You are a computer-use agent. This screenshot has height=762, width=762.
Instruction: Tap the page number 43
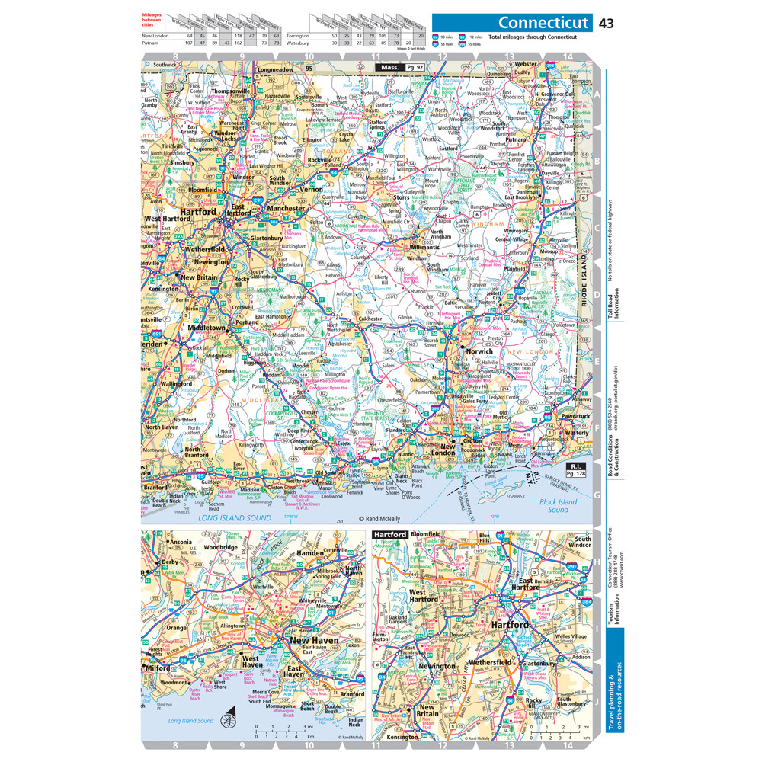(607, 23)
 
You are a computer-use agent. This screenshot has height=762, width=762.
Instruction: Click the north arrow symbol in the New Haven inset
(228, 719)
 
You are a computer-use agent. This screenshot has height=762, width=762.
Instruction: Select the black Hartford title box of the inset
(389, 536)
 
